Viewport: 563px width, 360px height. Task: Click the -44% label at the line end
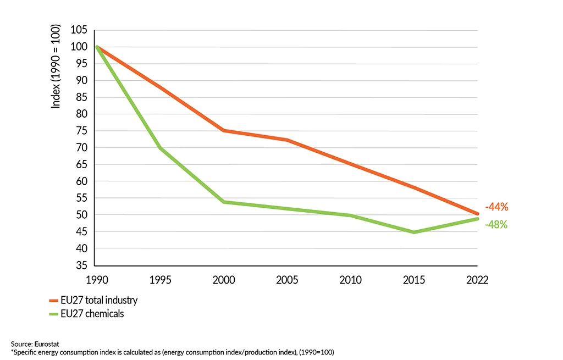coord(496,207)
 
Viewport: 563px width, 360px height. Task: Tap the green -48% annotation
coord(496,224)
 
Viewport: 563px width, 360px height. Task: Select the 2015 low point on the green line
coord(414,232)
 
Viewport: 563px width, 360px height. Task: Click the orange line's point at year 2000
coord(223,131)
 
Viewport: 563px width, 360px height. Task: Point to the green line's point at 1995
coord(160,148)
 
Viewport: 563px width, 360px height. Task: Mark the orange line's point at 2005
coord(287,140)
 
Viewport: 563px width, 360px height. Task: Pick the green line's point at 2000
coord(223,202)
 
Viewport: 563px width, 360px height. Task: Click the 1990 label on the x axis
coord(96,280)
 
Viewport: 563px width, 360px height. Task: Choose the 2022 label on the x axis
coord(477,280)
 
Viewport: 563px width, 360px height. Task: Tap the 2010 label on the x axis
coord(350,280)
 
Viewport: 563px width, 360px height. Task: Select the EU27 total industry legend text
coord(100,301)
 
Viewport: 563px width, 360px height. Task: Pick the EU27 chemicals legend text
coord(93,314)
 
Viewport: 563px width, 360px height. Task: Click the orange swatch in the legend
coord(53,301)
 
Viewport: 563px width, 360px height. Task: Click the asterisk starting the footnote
coord(12,351)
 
